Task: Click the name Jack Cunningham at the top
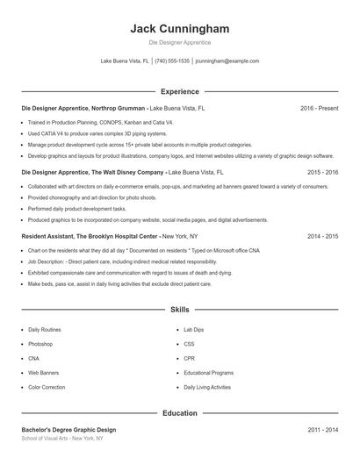179,28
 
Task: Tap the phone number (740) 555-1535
173,61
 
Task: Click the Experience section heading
179,91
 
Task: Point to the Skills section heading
179,310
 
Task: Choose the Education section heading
179,412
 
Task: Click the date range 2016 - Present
319,109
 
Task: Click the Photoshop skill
40,344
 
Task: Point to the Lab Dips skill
194,329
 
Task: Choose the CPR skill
189,358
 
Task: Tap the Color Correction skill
46,387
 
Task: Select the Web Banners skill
43,373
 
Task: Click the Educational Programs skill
208,373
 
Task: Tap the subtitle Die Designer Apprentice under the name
179,42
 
